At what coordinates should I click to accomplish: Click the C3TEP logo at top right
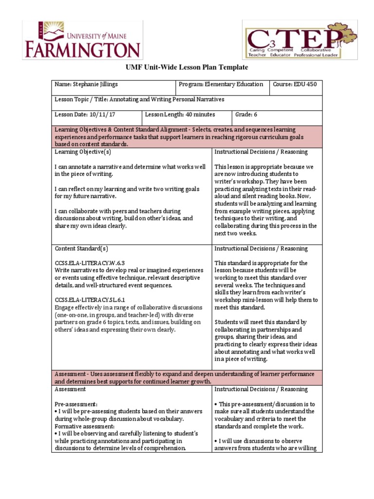299,40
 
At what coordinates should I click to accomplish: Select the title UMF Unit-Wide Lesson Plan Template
187,67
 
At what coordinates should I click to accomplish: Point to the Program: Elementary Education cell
221,85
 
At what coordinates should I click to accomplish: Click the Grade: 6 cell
247,115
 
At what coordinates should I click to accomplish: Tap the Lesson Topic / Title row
139,100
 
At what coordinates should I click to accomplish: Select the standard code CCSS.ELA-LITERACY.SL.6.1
88,300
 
